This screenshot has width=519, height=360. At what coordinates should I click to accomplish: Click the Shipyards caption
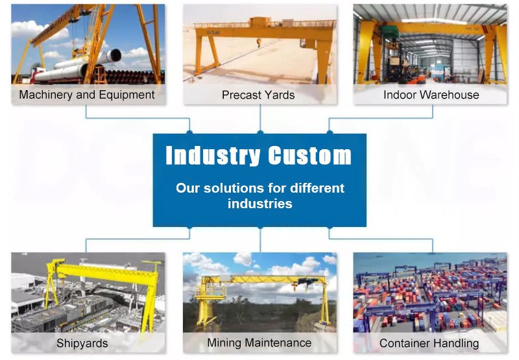click(x=82, y=343)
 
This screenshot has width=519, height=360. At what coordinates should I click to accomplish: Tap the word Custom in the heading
click(x=309, y=155)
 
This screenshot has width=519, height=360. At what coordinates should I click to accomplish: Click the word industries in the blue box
click(x=260, y=204)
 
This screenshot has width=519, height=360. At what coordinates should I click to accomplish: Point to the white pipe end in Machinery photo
click(x=115, y=56)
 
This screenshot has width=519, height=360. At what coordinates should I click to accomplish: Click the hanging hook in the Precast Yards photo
click(x=259, y=42)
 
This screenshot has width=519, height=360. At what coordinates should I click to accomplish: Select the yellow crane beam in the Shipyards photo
click(x=106, y=270)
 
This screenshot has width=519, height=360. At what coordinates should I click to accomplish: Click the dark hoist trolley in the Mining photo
click(x=304, y=282)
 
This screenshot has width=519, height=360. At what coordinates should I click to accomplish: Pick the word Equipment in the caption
click(x=127, y=95)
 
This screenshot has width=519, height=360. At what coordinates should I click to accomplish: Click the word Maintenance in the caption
click(x=278, y=343)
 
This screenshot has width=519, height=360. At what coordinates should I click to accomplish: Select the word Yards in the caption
click(x=279, y=95)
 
